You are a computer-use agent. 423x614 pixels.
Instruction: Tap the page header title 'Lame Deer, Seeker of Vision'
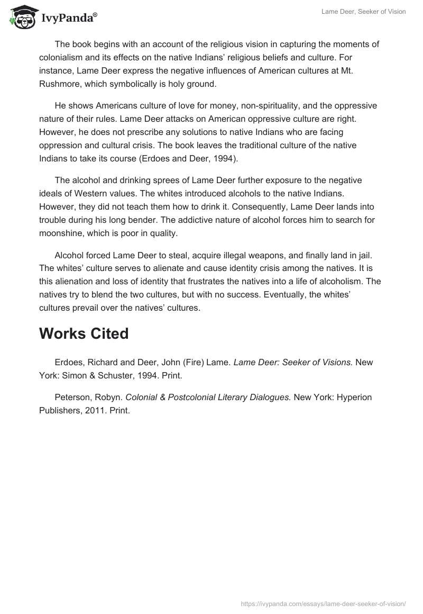(x=363, y=12)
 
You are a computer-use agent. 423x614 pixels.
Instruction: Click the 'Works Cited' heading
(x=84, y=333)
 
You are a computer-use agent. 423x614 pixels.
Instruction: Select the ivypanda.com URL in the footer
(x=324, y=603)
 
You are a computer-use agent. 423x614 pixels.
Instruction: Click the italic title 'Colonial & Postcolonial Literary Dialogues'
(x=208, y=398)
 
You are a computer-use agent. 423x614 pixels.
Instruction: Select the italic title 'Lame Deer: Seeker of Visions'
(x=293, y=362)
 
